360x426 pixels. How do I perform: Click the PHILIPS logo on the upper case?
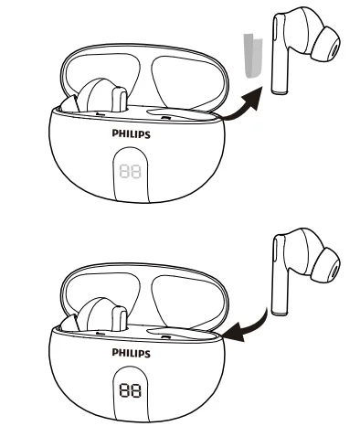132,133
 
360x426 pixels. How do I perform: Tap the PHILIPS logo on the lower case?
132,350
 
